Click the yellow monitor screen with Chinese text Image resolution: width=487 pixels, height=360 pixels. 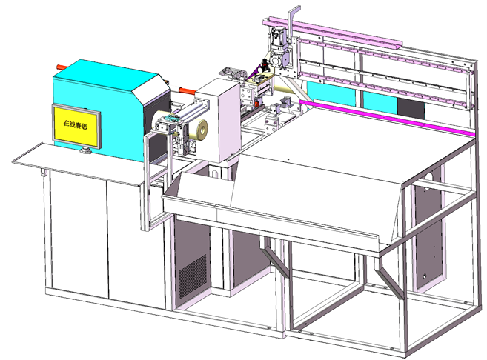click(76, 126)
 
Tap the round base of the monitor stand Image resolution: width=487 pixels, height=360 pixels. click(85, 151)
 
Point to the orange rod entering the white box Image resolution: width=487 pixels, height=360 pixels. click(188, 91)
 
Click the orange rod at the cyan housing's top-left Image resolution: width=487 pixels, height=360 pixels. click(61, 67)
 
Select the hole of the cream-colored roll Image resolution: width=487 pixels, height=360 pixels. click(203, 128)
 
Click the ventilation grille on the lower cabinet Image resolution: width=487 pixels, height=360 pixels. click(193, 276)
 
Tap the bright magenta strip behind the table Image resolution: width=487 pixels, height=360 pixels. click(387, 118)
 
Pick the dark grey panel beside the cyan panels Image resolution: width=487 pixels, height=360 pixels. click(411, 107)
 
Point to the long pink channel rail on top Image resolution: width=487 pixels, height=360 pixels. click(332, 33)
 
